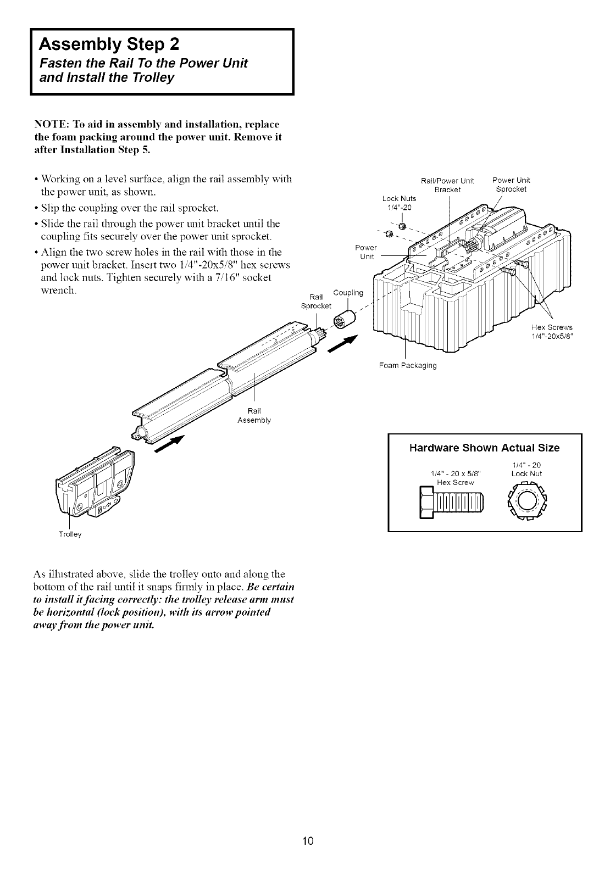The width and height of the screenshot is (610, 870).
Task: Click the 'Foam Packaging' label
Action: point(408,365)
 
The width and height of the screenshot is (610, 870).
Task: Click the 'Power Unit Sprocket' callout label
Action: point(511,185)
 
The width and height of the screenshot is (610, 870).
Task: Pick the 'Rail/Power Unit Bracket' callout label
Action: point(447,185)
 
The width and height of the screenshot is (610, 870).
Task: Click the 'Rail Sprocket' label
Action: point(316,301)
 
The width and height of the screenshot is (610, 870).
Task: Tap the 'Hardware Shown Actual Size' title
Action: point(484,448)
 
